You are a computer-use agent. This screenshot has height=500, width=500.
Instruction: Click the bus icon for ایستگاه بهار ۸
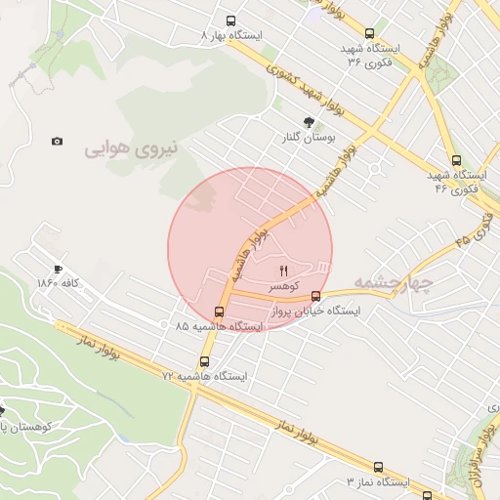(x=231, y=21)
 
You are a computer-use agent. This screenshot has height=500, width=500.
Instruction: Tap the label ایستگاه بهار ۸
(x=231, y=35)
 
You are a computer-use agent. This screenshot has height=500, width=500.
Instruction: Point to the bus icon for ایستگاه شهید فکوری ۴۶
(x=456, y=160)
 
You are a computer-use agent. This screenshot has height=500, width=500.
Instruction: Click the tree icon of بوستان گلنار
(x=310, y=122)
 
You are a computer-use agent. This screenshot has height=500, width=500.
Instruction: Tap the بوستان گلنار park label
(x=310, y=138)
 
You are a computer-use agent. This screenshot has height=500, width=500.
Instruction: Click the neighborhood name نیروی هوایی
(x=132, y=149)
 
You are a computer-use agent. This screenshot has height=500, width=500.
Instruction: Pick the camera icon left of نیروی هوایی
(x=58, y=142)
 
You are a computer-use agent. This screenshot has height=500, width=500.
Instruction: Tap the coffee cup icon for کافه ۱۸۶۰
(x=58, y=269)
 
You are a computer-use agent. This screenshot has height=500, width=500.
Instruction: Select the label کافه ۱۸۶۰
(x=58, y=283)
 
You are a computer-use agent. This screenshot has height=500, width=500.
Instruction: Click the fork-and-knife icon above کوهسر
(x=284, y=270)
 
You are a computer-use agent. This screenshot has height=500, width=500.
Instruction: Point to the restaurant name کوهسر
(x=284, y=284)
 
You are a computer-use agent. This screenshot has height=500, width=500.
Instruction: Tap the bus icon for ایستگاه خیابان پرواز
(x=315, y=296)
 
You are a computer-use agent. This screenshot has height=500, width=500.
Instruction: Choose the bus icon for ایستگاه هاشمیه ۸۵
(x=218, y=312)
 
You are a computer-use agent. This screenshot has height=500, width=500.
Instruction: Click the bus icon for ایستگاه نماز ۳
(x=378, y=468)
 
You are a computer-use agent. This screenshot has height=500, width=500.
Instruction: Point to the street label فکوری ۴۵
(x=471, y=231)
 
